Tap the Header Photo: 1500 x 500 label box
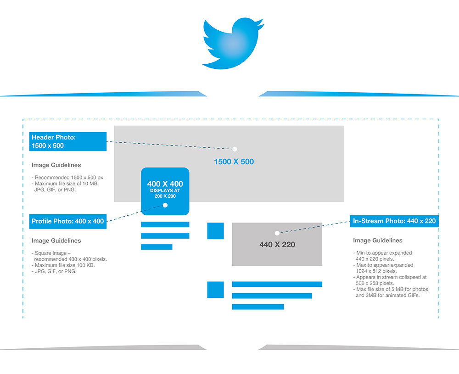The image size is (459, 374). (68, 141)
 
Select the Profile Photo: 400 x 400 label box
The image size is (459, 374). (68, 221)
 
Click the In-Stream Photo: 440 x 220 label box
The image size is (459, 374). (394, 221)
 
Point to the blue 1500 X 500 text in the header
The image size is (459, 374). (234, 162)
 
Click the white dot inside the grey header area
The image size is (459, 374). (235, 149)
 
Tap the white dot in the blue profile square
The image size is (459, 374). (165, 205)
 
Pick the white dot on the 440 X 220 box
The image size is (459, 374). (277, 233)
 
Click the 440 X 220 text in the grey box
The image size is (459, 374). (277, 245)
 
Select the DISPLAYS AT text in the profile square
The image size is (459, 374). (165, 190)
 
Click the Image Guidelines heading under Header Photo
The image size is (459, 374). (56, 165)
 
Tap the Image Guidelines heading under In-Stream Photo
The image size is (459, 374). (378, 240)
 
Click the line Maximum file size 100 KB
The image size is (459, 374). (63, 265)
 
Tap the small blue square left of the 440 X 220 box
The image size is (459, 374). (215, 231)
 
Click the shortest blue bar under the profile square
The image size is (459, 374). (157, 247)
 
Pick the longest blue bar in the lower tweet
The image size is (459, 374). (277, 284)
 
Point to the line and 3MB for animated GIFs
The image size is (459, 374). (387, 295)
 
